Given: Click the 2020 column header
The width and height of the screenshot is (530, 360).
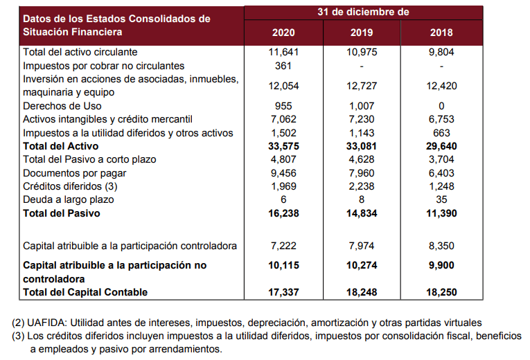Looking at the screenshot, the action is pos(283,33).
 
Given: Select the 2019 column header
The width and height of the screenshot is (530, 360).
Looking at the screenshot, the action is pos(362,33).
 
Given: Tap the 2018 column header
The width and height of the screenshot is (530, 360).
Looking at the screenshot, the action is pos(441,33).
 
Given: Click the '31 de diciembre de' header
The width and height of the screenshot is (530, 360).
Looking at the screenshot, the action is pos(363,12).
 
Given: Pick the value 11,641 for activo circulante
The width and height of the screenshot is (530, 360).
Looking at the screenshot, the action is pos(283,52).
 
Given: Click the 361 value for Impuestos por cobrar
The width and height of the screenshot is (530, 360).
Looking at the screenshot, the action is pos(283,66).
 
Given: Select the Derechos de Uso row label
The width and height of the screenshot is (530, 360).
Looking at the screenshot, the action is pos(62,106).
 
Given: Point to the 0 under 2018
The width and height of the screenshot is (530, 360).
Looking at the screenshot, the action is pos(441,106).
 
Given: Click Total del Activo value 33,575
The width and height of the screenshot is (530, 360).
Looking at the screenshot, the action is pos(283,146).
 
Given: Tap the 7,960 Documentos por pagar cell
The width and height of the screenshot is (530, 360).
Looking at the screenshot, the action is pos(362,173).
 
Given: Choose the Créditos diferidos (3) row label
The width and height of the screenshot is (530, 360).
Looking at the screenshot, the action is pos(70,186).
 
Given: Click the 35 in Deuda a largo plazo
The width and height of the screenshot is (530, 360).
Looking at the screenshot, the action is pos(441,199).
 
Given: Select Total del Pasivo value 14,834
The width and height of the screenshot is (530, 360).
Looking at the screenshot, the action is pos(362,213).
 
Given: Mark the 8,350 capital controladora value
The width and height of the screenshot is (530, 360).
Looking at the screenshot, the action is pos(441,246).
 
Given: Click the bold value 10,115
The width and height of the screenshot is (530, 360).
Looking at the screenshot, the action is pos(283,265).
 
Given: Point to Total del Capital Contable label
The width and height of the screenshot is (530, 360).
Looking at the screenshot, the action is pos(85,292).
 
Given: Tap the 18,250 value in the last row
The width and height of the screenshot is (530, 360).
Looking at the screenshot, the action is pos(441,292).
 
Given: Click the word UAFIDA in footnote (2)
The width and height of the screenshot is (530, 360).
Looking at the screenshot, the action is pos(46,323).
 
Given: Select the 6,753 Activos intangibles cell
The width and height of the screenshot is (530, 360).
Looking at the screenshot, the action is pos(441,119).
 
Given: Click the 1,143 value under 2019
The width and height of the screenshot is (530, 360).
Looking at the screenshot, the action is pos(362,133).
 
